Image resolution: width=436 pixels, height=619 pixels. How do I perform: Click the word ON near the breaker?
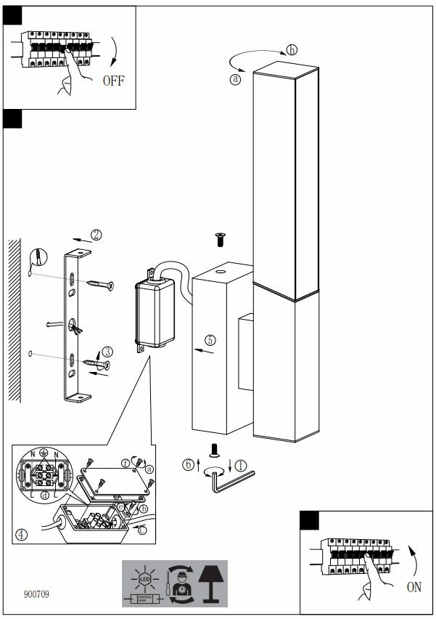point(414,587)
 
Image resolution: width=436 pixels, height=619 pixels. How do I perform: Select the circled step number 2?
point(96,235)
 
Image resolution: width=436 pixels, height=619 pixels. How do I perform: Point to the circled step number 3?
point(107,352)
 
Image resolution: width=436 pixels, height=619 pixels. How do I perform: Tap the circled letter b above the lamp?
point(292,50)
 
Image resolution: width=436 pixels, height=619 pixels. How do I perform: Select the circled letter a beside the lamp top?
point(234,80)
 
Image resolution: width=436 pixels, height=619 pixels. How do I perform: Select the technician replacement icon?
point(178,582)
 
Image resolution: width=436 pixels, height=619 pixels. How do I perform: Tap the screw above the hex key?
point(214,450)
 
